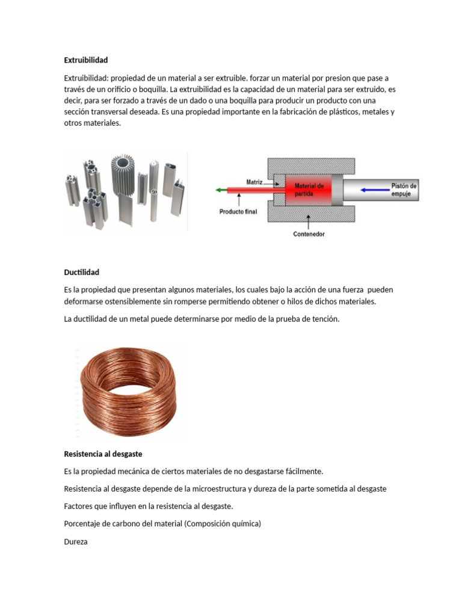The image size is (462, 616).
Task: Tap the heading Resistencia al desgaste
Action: tap(103, 454)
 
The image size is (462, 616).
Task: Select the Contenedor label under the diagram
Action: tap(309, 234)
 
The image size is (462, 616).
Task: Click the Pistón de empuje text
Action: tap(404, 190)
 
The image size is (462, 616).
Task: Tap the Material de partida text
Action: tap(309, 190)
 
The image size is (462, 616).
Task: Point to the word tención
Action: tap(325, 319)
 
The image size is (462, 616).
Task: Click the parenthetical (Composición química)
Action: tap(223, 524)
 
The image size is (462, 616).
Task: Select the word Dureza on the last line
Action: tap(76, 541)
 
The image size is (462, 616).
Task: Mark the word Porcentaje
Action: tap(82, 524)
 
